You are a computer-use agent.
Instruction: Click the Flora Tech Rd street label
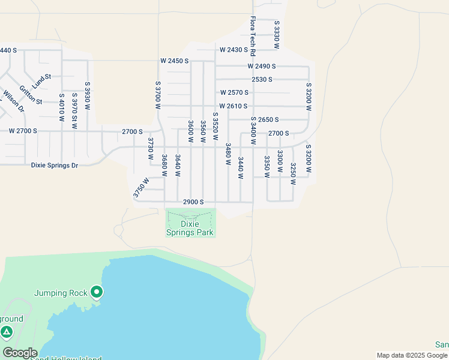point(253,37)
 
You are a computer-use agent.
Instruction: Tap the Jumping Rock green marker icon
point(97,293)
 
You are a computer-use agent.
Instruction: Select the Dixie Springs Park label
point(190,228)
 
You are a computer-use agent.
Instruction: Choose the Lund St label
point(42,82)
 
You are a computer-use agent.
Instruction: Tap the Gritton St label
point(31,95)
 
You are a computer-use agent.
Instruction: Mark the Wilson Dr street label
point(13,101)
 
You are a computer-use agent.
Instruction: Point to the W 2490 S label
point(262,66)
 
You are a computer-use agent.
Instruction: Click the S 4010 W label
point(61,109)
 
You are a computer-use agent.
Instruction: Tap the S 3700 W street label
point(158,95)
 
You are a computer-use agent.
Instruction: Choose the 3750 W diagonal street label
point(140,187)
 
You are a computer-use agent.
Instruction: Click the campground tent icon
point(7,332)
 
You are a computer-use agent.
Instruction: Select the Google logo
point(19,353)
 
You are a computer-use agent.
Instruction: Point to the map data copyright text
point(412,355)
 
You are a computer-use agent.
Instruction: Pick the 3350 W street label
point(267,167)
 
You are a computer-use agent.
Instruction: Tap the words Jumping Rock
point(61,293)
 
